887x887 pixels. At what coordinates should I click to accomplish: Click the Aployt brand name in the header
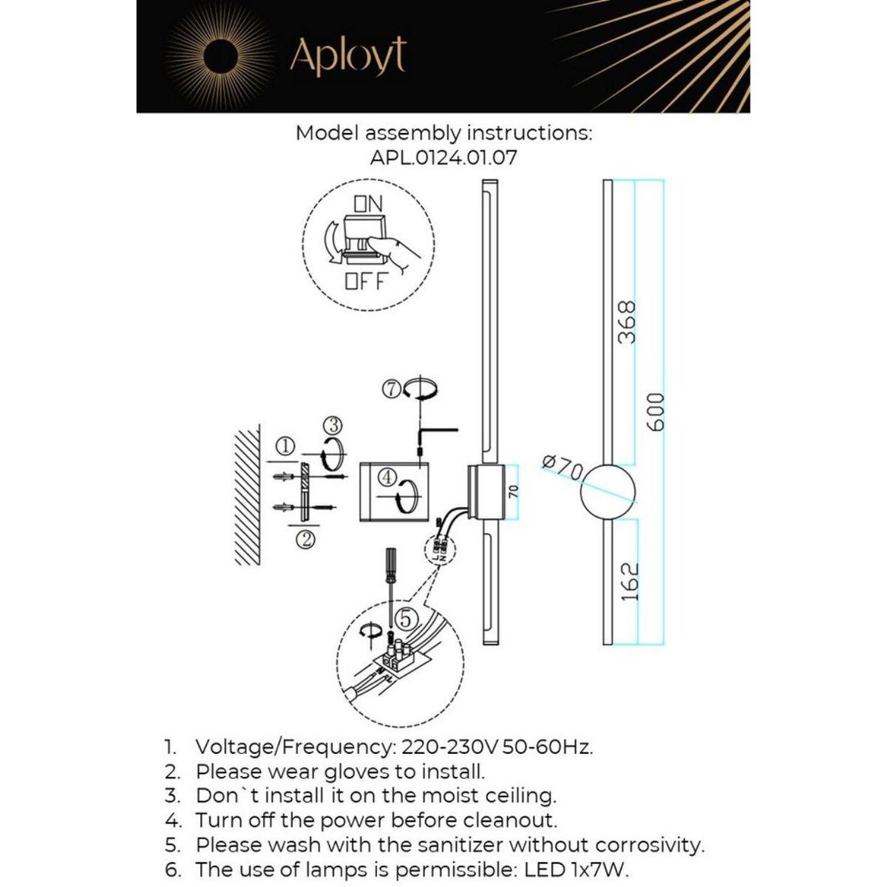click(x=347, y=55)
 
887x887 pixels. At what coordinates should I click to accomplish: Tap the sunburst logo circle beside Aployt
click(x=220, y=55)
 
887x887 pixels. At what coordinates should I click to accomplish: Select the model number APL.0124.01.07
click(x=443, y=157)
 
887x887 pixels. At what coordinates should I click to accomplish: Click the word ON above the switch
click(x=368, y=203)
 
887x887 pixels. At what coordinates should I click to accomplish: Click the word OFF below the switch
click(x=366, y=281)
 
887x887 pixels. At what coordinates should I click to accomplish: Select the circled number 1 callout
click(x=286, y=446)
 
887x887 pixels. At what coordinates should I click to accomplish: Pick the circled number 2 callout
click(x=305, y=540)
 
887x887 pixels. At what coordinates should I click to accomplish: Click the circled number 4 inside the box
click(x=387, y=477)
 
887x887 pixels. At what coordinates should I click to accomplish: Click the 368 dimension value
click(x=627, y=322)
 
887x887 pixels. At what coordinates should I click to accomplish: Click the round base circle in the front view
click(x=608, y=492)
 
